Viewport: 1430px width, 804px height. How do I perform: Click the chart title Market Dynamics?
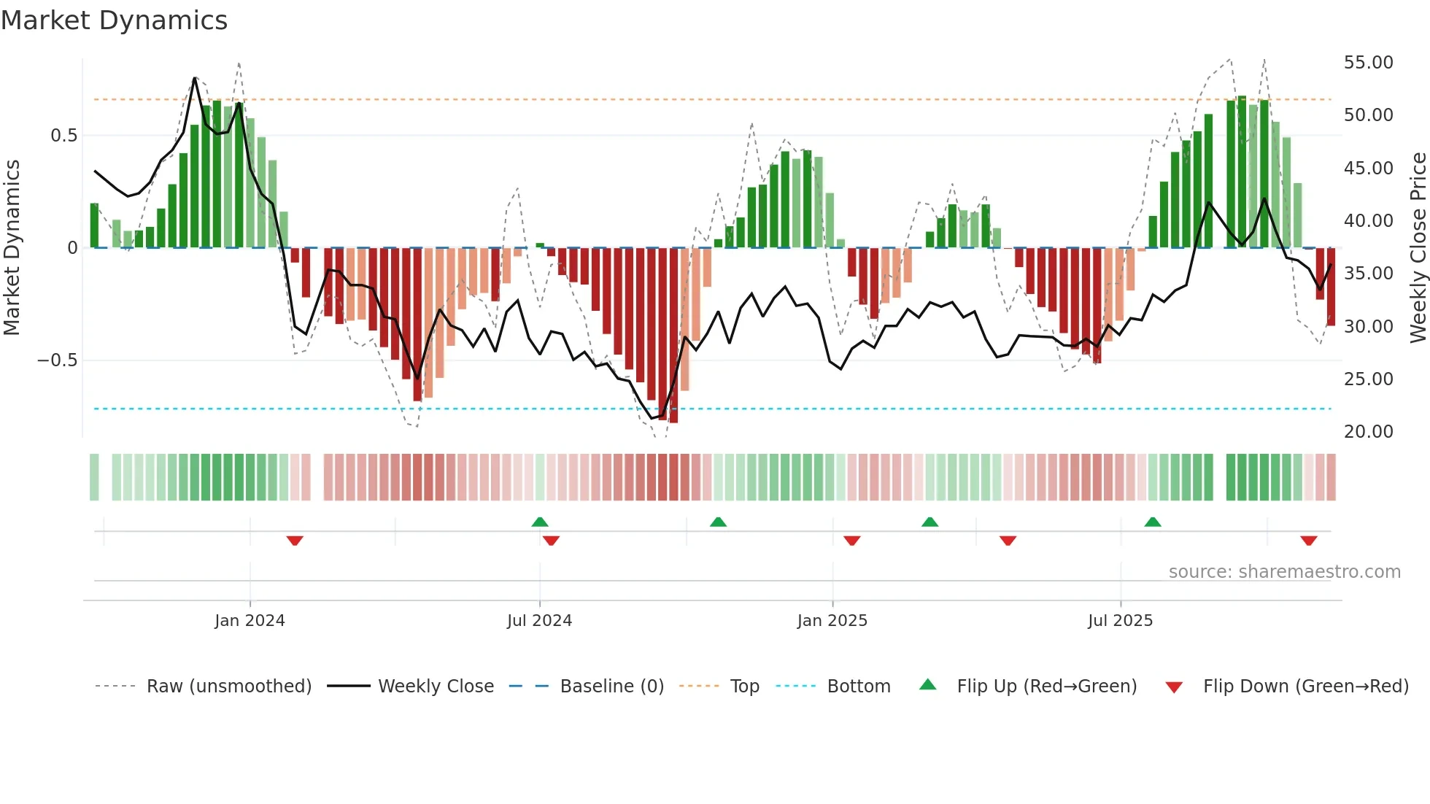114,20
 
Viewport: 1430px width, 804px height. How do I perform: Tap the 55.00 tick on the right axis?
1368,63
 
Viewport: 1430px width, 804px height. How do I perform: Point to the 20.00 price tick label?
1368,432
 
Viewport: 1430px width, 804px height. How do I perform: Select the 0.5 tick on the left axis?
63,136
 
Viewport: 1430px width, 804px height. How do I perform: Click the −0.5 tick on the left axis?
57,360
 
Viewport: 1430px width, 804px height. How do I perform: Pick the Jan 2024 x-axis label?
250,621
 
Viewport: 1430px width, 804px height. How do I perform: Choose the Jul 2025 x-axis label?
1120,621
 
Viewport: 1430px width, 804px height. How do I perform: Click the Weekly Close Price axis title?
1418,247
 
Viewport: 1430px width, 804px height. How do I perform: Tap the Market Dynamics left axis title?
12,247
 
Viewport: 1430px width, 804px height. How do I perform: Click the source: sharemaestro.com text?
1284,572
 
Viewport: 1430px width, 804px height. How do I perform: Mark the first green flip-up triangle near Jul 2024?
540,522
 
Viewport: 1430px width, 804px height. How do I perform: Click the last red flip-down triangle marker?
1308,541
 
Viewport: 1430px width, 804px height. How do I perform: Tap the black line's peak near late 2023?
195,78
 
